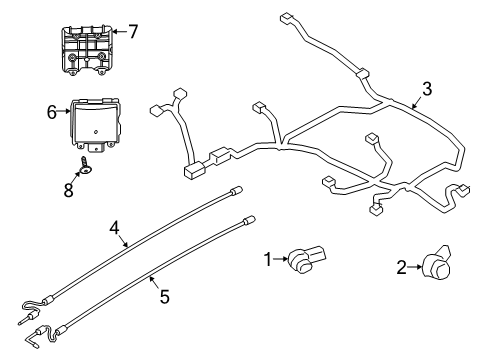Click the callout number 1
pyautogui.click(x=267, y=259)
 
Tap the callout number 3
pyautogui.click(x=426, y=89)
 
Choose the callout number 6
pyautogui.click(x=51, y=113)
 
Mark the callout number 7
pyautogui.click(x=133, y=31)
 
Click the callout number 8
pyautogui.click(x=68, y=189)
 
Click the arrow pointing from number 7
pyautogui.click(x=118, y=31)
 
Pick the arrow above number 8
pyautogui.click(x=76, y=176)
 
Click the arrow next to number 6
pyautogui.click(x=64, y=113)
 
